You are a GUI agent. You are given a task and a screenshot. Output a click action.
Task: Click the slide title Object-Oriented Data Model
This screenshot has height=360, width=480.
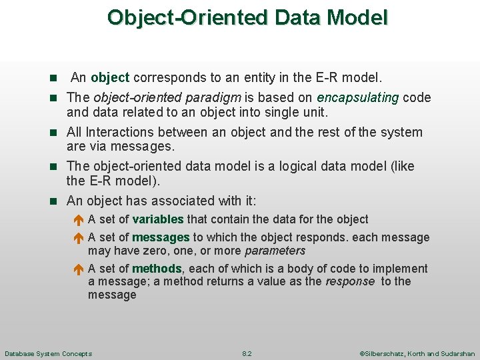click(x=247, y=17)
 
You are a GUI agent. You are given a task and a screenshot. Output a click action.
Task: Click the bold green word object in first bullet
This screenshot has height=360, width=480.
click(x=110, y=78)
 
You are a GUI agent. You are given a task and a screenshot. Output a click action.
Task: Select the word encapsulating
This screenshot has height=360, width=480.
click(x=357, y=98)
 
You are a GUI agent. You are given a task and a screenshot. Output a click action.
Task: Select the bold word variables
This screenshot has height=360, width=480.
click(x=158, y=219)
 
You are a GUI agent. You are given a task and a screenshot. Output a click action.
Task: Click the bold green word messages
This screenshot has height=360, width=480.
click(x=161, y=237)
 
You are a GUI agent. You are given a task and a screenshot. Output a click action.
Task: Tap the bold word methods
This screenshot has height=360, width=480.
click(x=157, y=269)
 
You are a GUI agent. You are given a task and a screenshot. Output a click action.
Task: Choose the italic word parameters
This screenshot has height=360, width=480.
click(x=275, y=251)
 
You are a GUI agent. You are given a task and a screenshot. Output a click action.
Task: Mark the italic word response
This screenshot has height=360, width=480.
click(x=349, y=281)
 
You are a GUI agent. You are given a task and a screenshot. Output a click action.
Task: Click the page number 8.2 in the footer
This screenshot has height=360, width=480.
click(x=247, y=353)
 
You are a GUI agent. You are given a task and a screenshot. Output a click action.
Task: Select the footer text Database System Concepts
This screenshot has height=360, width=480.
click(x=48, y=353)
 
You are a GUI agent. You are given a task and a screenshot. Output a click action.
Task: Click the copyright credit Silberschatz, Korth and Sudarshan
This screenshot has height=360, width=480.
click(x=417, y=353)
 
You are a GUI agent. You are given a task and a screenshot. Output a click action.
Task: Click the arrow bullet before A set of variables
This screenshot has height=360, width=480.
click(x=77, y=220)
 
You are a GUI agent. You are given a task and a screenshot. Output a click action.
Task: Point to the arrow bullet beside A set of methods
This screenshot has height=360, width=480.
click(x=77, y=269)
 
